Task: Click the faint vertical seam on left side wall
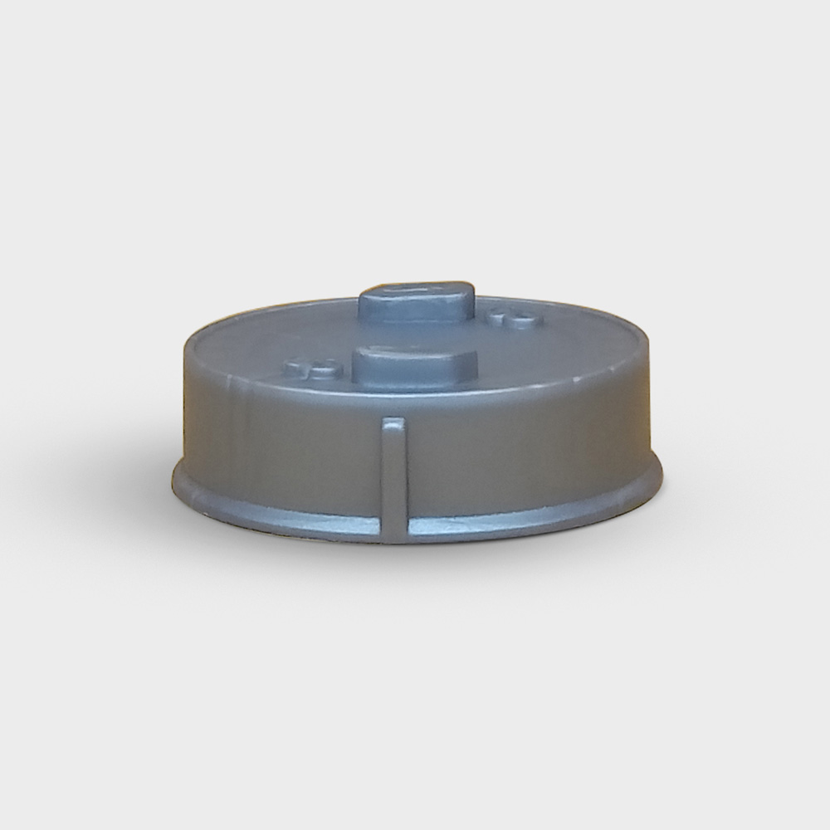pyautogui.click(x=241, y=432)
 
